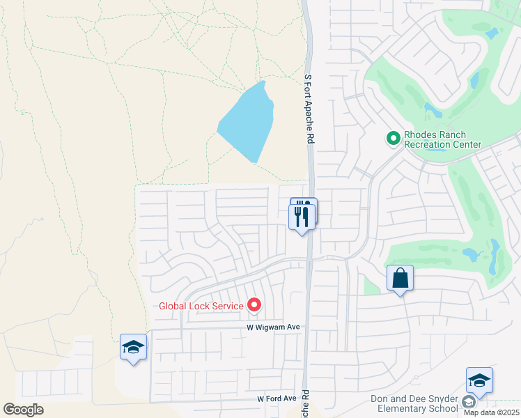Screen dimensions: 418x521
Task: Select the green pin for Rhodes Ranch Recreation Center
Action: (x=394, y=139)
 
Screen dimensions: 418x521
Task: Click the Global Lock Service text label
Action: (x=201, y=305)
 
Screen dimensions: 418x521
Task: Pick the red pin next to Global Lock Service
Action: (x=254, y=304)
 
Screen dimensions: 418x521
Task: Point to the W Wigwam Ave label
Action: (x=272, y=327)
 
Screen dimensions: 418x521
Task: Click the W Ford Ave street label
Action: (x=277, y=399)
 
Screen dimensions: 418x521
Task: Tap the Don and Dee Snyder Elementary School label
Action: (x=414, y=403)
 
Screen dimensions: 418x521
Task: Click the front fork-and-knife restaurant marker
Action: (x=302, y=217)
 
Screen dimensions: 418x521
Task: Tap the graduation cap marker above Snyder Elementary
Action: (x=479, y=380)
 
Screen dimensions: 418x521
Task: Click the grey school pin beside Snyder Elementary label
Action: (x=468, y=403)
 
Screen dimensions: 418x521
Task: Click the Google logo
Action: (x=23, y=410)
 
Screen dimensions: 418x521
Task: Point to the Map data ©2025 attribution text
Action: (x=491, y=412)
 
